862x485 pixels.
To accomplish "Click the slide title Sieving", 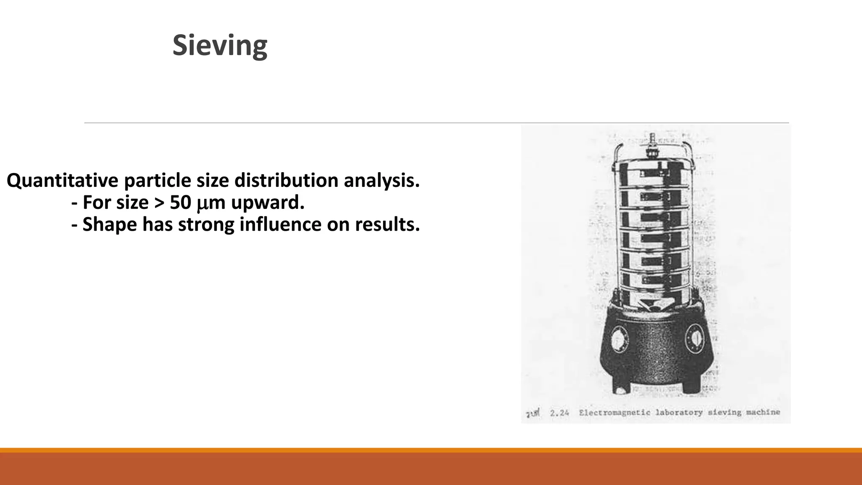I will coord(220,45).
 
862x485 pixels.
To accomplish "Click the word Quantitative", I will coord(62,181).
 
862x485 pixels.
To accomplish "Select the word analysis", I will coord(381,181).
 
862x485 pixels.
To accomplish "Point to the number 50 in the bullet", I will coord(181,203).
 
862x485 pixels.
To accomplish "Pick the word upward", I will coord(267,203).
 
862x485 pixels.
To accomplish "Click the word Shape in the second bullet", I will coord(109,224).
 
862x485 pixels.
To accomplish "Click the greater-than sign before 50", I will coord(159,203).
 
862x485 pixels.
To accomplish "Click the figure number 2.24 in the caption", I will coord(559,413).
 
